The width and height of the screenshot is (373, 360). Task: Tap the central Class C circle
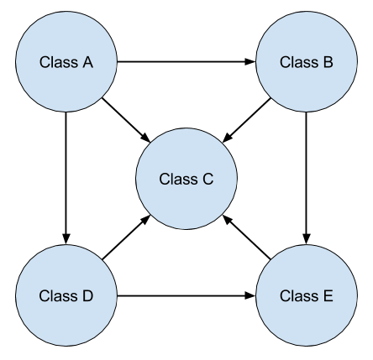click(186, 179)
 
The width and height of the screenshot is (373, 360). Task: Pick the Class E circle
click(307, 296)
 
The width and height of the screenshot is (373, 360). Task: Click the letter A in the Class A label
click(87, 61)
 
